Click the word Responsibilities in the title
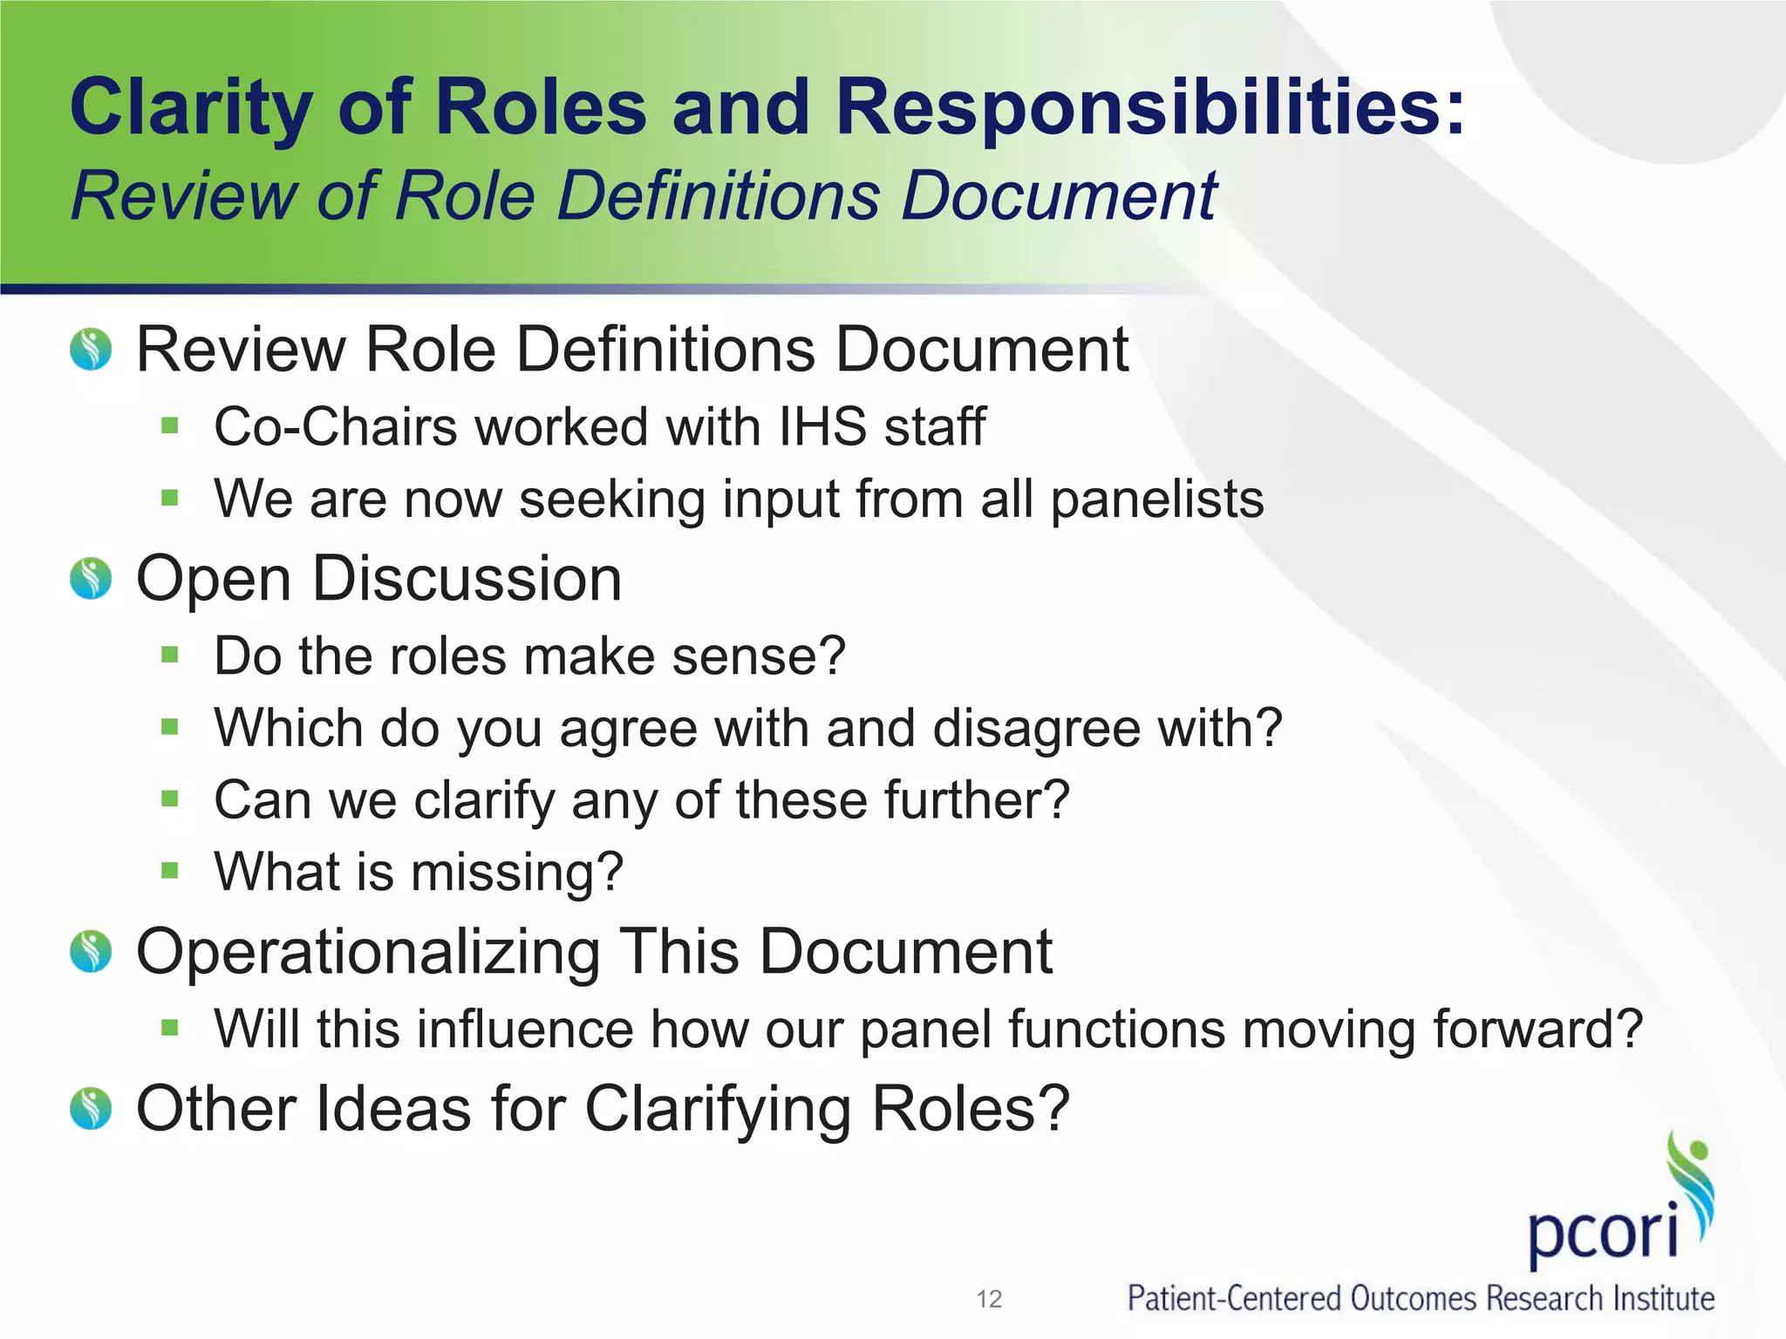point(1149,108)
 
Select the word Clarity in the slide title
point(191,108)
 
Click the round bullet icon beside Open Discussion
point(91,579)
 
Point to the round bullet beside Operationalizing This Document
point(91,951)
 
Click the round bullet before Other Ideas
point(91,1109)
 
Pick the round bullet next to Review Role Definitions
point(91,349)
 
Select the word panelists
point(1157,500)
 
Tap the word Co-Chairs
point(336,427)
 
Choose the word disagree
point(1036,728)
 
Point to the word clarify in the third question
point(484,800)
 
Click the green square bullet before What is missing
point(169,870)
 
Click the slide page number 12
point(989,1299)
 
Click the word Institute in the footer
point(1663,1299)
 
